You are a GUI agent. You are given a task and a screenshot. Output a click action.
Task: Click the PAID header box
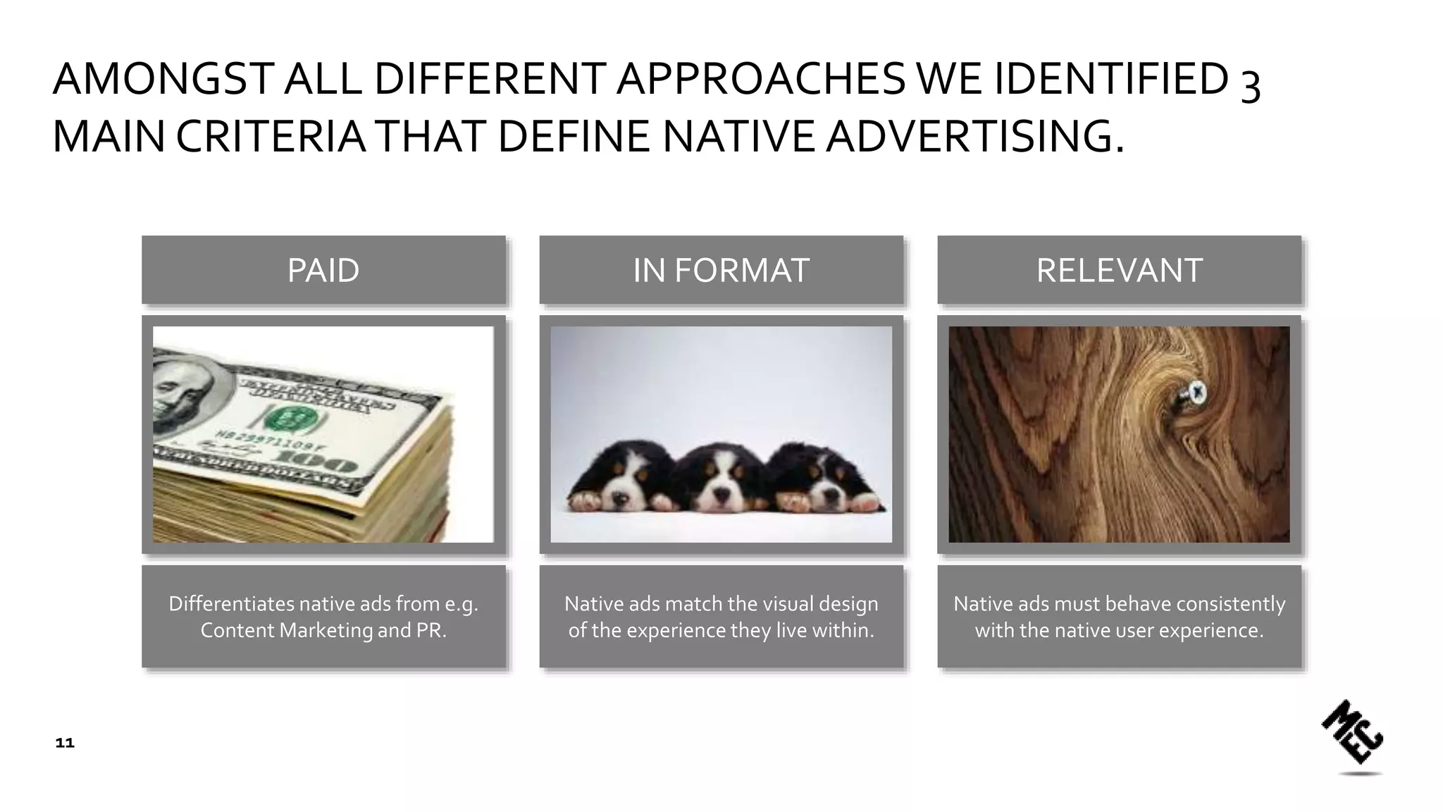pyautogui.click(x=323, y=270)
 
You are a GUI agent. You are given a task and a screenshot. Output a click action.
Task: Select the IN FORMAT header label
pyautogui.click(x=721, y=271)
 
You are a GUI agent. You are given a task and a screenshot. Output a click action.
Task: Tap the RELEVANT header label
pyautogui.click(x=1119, y=271)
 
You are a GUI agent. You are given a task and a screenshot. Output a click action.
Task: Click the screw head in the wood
pyautogui.click(x=1196, y=393)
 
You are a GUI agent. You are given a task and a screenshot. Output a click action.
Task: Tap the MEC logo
pyautogui.click(x=1352, y=733)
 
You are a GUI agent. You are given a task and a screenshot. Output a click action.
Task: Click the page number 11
pyautogui.click(x=65, y=743)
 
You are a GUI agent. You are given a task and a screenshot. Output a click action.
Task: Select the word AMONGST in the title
pyautogui.click(x=163, y=79)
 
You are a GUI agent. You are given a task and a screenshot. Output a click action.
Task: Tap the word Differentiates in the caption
pyautogui.click(x=231, y=604)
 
